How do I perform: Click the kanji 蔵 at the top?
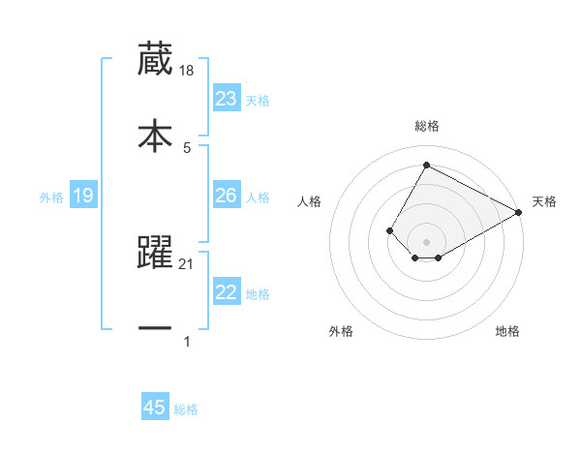click(x=155, y=60)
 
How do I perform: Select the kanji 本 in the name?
click(x=155, y=135)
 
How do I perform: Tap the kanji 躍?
click(x=155, y=254)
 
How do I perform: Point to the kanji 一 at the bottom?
click(x=155, y=328)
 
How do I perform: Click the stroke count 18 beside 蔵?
click(x=188, y=72)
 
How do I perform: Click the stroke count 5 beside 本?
click(x=187, y=147)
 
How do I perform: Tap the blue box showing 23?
click(x=226, y=99)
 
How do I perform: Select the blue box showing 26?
click(x=226, y=196)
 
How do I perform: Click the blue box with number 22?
click(x=226, y=292)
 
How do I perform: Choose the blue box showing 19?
click(x=83, y=197)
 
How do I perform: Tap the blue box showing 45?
click(x=155, y=408)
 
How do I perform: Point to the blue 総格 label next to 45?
click(x=186, y=409)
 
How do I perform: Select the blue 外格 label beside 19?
click(x=51, y=197)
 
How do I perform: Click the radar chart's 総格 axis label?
click(x=426, y=126)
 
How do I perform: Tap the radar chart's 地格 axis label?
click(x=507, y=331)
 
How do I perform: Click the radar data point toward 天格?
click(x=519, y=212)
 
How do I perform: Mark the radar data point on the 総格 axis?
click(x=426, y=166)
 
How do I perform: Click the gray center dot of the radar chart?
click(x=426, y=241)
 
